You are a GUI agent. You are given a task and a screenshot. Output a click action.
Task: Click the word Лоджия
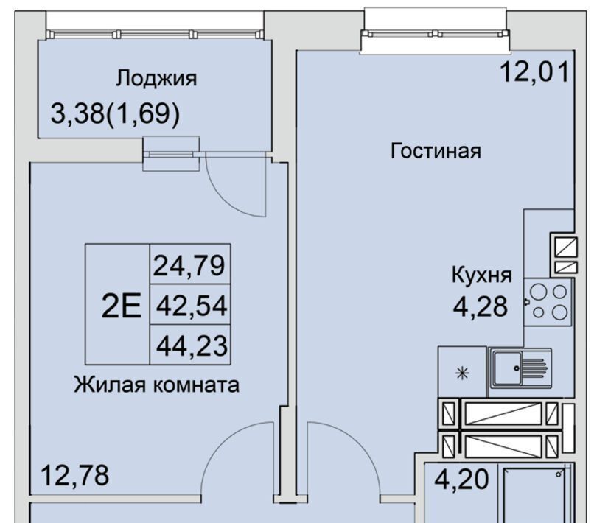156,79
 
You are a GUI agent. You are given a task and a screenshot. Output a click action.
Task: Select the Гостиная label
436,151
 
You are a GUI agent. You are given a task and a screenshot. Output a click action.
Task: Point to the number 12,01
535,71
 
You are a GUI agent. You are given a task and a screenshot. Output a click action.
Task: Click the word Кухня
481,275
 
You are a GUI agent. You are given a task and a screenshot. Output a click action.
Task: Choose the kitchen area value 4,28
481,306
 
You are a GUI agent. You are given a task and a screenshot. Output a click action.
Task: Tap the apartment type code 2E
122,306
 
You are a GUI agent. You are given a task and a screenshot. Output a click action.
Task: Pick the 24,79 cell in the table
189,265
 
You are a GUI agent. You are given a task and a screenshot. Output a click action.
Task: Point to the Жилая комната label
157,385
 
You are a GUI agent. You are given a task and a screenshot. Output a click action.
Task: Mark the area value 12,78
75,475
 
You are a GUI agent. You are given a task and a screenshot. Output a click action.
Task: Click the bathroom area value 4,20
461,480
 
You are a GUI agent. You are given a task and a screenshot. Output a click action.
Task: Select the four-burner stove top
548,301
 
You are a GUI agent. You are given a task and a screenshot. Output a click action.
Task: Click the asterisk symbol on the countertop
462,373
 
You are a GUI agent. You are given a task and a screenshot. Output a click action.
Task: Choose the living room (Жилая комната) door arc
217,443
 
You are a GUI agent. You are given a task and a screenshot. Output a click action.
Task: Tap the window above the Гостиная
435,34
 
